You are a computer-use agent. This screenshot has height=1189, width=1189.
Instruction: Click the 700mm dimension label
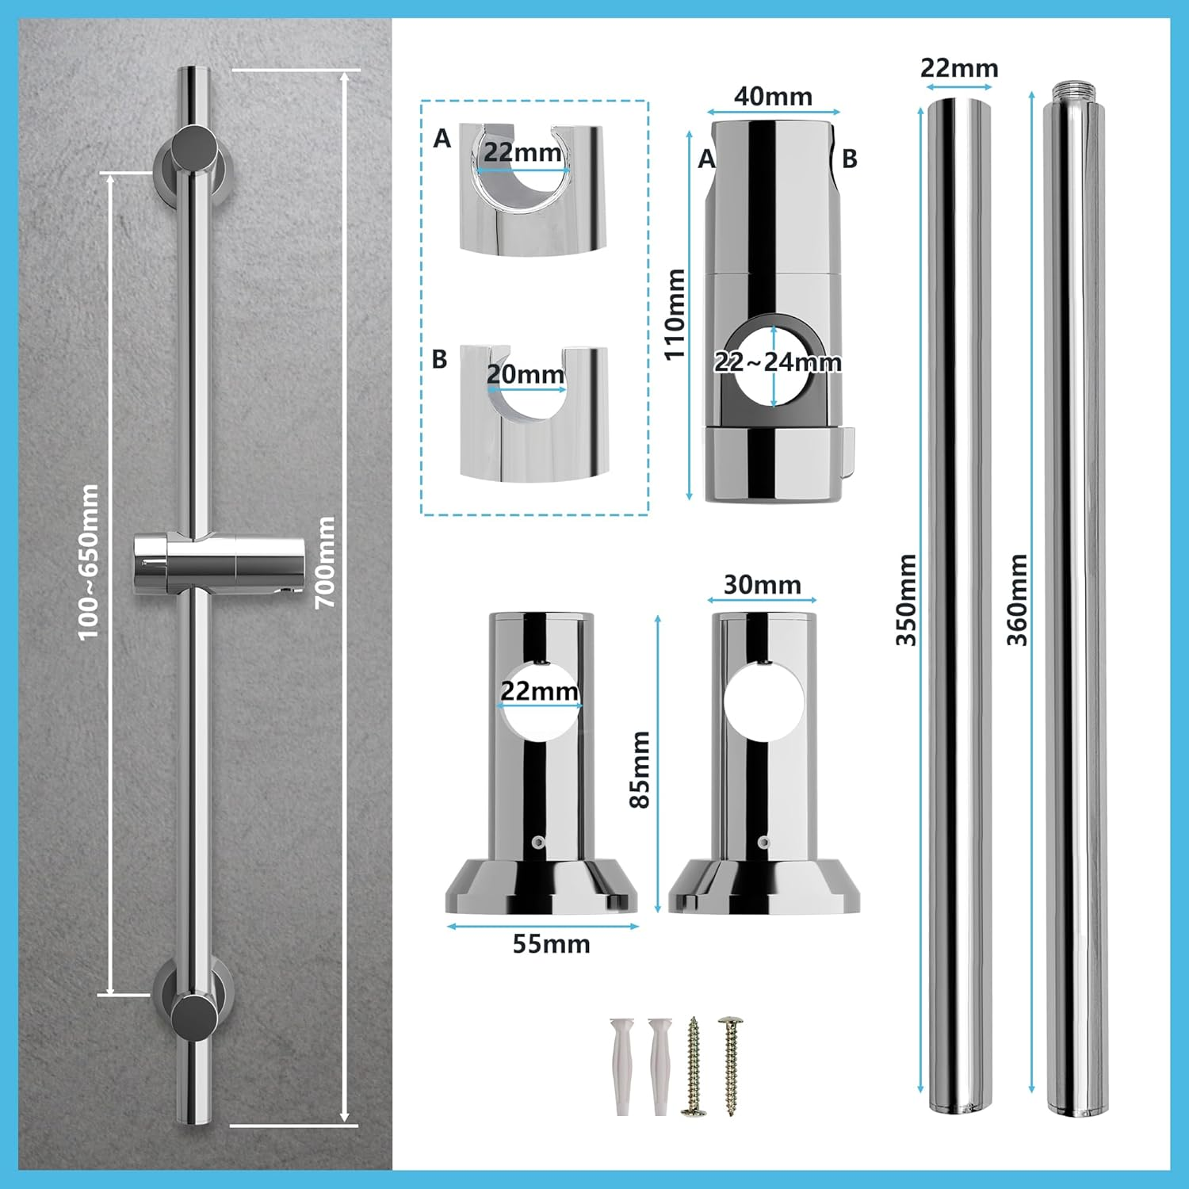(325, 562)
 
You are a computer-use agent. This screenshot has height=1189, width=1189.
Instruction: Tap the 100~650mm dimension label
(88, 562)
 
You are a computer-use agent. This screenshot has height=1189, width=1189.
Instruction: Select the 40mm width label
(773, 97)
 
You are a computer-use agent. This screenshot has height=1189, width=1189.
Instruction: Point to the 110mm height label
(675, 314)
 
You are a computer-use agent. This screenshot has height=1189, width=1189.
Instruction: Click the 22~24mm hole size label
(778, 362)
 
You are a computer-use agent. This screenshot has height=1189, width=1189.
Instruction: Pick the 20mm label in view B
(526, 374)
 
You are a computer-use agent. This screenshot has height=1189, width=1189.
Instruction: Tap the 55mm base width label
(551, 944)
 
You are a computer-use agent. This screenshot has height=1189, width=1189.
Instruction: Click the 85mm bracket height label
(640, 770)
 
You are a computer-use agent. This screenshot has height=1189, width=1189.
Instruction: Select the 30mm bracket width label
(762, 585)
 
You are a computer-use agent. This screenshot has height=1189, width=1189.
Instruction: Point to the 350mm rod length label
(906, 599)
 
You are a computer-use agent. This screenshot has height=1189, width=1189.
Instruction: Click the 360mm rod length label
(1017, 599)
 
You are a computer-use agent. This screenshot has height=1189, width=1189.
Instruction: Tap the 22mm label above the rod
(959, 68)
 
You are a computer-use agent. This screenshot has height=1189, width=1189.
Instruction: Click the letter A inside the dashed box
(442, 139)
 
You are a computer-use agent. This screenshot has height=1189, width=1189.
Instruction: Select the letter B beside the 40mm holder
(850, 159)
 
